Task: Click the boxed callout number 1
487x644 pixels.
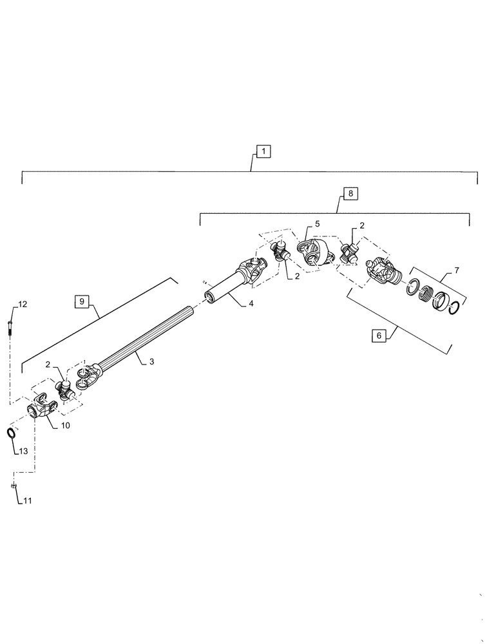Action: pos(263,151)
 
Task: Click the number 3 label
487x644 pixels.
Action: pos(151,362)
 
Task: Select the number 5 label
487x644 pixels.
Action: pos(316,223)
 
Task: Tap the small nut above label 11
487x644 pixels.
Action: pos(12,486)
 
